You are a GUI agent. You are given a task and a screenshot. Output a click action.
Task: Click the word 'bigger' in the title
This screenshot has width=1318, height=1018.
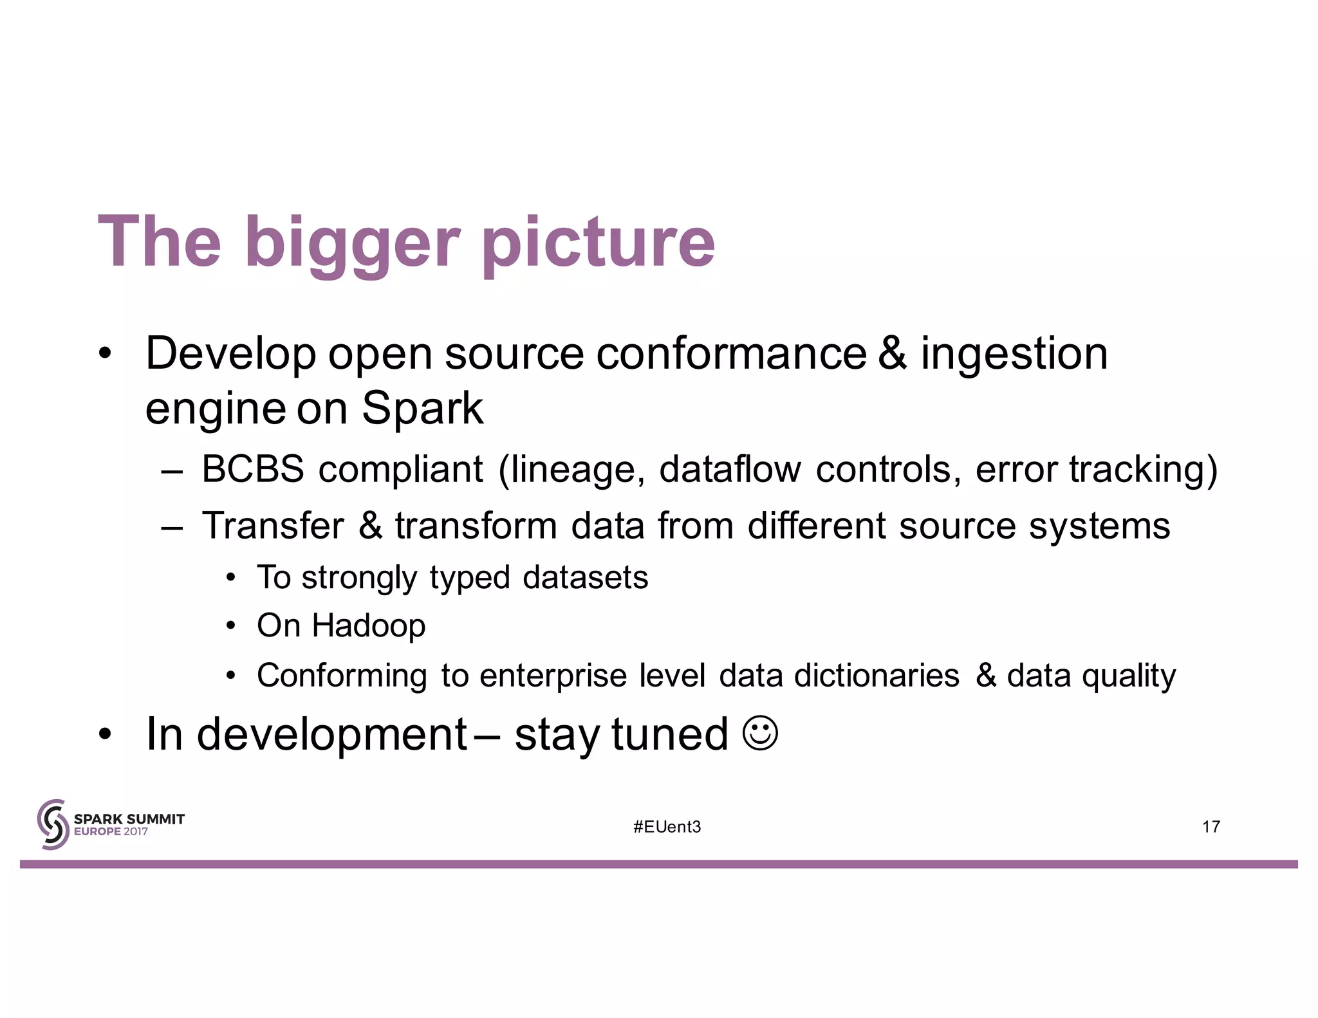click(352, 243)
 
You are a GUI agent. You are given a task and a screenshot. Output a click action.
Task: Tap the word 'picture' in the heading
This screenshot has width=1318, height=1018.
click(598, 243)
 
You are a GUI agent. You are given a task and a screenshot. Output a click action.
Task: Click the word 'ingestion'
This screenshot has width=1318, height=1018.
click(1014, 355)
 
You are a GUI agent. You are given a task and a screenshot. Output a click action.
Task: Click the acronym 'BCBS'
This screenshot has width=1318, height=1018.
click(252, 469)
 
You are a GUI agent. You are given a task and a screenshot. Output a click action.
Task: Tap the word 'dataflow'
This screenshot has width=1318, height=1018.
click(730, 469)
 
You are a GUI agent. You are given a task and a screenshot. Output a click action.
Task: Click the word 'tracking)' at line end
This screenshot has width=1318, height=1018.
click(1143, 470)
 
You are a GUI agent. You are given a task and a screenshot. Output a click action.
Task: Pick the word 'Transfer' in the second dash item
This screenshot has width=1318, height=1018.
click(273, 526)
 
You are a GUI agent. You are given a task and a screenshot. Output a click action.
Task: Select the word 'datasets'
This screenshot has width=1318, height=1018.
click(585, 577)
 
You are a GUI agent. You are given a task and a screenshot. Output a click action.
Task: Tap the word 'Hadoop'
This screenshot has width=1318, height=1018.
click(368, 626)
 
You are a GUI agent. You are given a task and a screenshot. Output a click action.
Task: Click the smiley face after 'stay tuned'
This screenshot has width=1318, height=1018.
click(760, 733)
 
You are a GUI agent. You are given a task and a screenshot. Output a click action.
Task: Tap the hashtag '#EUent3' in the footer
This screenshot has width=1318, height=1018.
click(667, 827)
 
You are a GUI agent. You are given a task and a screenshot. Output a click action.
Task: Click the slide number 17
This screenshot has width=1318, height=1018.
click(1211, 827)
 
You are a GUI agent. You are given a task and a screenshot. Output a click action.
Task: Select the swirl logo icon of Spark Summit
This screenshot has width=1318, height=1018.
click(53, 824)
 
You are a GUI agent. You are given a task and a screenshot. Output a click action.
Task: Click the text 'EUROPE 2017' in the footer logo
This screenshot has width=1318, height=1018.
click(111, 831)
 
